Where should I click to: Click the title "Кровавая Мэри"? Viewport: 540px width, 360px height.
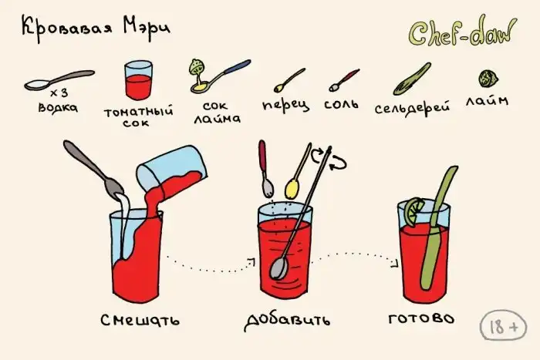pyautogui.click(x=96, y=29)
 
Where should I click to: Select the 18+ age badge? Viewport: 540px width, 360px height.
pyautogui.click(x=504, y=326)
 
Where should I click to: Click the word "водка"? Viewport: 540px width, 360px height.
pyautogui.click(x=58, y=107)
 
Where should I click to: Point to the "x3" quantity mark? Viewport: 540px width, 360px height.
pyautogui.click(x=59, y=93)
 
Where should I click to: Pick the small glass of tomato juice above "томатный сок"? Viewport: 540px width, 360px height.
pyautogui.click(x=138, y=80)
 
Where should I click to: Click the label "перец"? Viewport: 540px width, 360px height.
pyautogui.click(x=285, y=106)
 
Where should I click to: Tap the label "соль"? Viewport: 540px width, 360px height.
pyautogui.click(x=341, y=103)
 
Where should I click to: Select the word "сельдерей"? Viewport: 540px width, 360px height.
pyautogui.click(x=412, y=108)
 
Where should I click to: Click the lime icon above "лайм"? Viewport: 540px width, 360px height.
pyautogui.click(x=488, y=79)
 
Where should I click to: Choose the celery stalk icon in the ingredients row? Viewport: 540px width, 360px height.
pyautogui.click(x=412, y=79)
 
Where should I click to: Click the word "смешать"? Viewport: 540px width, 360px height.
pyautogui.click(x=140, y=320)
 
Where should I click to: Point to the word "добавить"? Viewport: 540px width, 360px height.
pyautogui.click(x=287, y=320)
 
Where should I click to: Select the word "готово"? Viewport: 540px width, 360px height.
pyautogui.click(x=421, y=318)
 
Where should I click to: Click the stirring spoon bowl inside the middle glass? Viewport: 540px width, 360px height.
pyautogui.click(x=278, y=267)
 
